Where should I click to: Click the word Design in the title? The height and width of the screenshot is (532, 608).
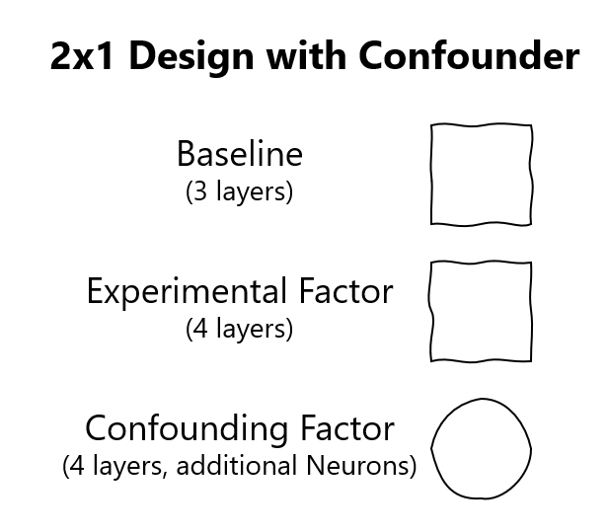click(x=191, y=57)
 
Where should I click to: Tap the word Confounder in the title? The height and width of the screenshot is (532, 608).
click(x=469, y=55)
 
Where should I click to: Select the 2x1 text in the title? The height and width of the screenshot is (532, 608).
click(x=82, y=56)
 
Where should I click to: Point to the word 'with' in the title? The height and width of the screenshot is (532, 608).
click(x=306, y=55)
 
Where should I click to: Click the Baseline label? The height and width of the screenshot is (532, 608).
click(x=240, y=154)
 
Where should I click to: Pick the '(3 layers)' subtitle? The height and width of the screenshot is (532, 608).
click(x=239, y=191)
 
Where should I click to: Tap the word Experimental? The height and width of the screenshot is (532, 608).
click(x=187, y=292)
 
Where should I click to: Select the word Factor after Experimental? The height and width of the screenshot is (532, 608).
click(x=345, y=290)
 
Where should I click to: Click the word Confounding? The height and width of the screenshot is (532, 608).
click(x=187, y=429)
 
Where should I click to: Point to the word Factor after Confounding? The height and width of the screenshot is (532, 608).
click(x=347, y=427)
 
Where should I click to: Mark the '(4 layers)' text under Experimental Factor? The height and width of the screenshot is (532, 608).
click(x=239, y=329)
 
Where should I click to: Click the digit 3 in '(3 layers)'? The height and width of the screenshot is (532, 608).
click(x=200, y=191)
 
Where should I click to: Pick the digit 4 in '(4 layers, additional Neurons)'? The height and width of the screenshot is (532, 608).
click(x=77, y=465)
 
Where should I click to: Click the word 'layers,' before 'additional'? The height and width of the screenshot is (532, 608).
click(x=129, y=466)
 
